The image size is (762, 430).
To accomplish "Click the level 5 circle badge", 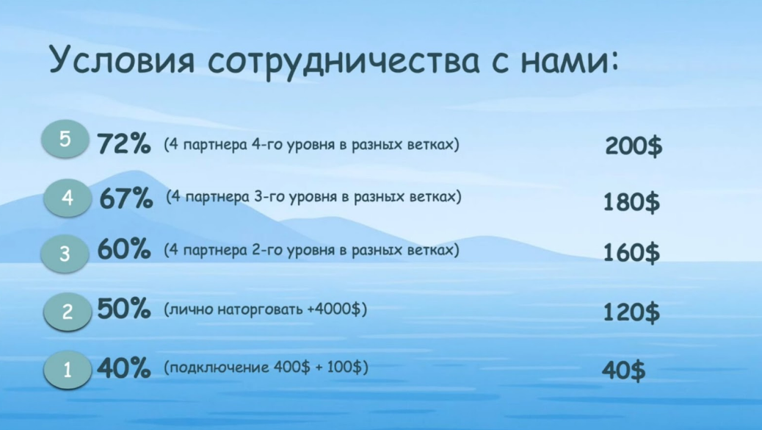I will [x=65, y=139].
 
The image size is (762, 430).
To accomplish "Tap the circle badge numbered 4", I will [x=68, y=198].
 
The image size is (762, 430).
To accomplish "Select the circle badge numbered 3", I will [x=65, y=254].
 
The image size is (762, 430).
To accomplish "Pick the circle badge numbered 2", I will [x=68, y=312].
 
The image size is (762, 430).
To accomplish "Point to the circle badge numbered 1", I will [x=68, y=370].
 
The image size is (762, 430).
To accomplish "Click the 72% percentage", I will [x=124, y=144].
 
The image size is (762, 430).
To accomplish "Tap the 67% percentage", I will [x=126, y=198].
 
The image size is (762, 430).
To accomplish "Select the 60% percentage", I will [x=124, y=251].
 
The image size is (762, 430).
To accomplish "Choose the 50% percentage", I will [x=124, y=309].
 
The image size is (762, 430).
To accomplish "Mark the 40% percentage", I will [x=124, y=368].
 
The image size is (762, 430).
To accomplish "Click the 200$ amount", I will [x=634, y=146].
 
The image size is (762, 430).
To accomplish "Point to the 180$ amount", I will [x=631, y=201].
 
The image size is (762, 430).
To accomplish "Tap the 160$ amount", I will [x=631, y=254].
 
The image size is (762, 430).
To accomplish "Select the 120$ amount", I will [x=631, y=312].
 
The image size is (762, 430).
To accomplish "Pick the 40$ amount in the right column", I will [x=624, y=370].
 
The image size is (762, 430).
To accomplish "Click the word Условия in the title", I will [x=122, y=61].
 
